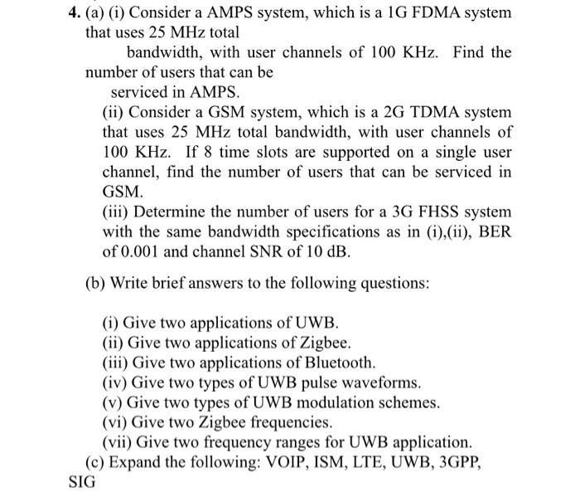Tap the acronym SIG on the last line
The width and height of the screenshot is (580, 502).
click(80, 481)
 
